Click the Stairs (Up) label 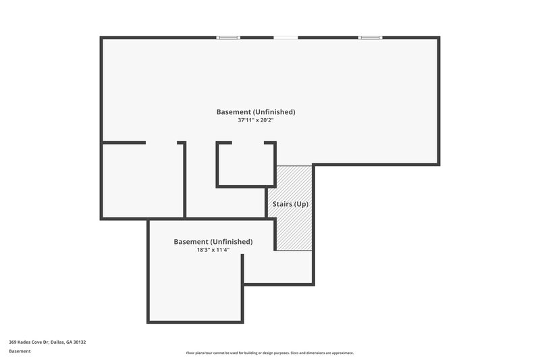pyautogui.click(x=290, y=203)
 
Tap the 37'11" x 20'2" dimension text pyautogui.click(x=255, y=121)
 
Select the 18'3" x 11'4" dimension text pyautogui.click(x=213, y=250)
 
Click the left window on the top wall pyautogui.click(x=228, y=37)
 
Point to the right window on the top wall pyautogui.click(x=369, y=37)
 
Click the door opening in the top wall pyautogui.click(x=286, y=37)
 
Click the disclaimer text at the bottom pyautogui.click(x=269, y=353)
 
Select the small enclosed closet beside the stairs pyautogui.click(x=246, y=165)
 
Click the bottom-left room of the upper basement pyautogui.click(x=142, y=181)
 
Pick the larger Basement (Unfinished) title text pyautogui.click(x=255, y=111)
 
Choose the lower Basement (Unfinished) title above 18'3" pyautogui.click(x=213, y=241)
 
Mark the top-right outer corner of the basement pyautogui.click(x=439, y=38)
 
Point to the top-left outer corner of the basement pyautogui.click(x=102, y=38)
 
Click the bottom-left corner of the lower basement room pyautogui.click(x=148, y=322)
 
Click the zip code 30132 pyautogui.click(x=80, y=342)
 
